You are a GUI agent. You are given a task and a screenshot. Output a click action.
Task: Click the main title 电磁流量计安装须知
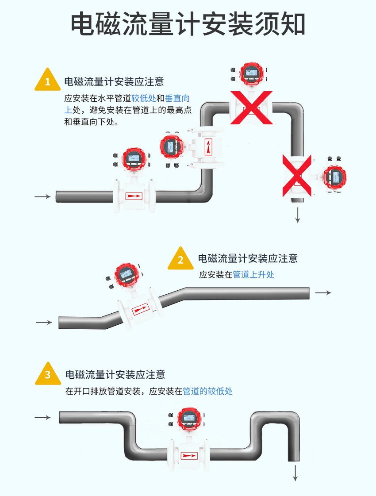(x=188, y=24)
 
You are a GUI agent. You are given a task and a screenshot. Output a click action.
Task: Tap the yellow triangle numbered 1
(x=48, y=81)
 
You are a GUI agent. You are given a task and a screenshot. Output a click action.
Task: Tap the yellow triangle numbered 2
(x=180, y=260)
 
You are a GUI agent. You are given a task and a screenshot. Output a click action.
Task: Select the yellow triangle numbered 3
(x=48, y=375)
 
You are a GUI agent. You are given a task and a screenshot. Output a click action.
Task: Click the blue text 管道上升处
(x=253, y=275)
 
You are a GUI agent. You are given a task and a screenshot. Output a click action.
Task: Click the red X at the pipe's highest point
(x=250, y=107)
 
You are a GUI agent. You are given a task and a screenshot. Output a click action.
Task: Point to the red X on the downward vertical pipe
(x=297, y=176)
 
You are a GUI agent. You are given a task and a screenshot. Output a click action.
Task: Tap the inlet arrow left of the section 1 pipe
(x=43, y=196)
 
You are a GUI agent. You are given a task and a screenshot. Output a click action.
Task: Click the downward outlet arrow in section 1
(x=298, y=215)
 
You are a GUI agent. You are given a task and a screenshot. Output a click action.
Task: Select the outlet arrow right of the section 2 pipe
(x=322, y=293)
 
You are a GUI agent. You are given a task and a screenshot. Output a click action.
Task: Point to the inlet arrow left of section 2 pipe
(x=44, y=323)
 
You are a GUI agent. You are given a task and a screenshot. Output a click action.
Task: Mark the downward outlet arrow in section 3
(x=295, y=473)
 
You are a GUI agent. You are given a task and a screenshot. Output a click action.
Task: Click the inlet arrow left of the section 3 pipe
(x=43, y=417)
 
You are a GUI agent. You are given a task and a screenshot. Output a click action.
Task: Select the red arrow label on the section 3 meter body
(x=189, y=454)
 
